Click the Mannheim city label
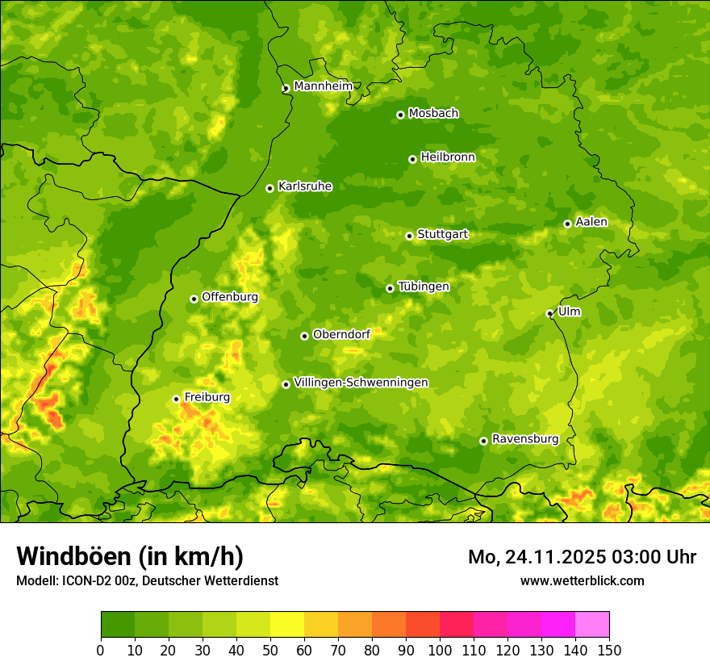(323, 86)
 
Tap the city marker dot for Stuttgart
(409, 236)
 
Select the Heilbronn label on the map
(448, 157)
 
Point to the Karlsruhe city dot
(269, 188)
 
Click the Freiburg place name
(207, 397)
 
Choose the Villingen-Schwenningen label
(361, 383)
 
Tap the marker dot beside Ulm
(549, 313)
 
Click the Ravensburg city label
(524, 439)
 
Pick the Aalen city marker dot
(567, 224)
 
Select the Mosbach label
(433, 114)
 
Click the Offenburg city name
(230, 297)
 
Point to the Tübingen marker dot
(390, 288)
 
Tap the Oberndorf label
(341, 334)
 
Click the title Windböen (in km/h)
(130, 556)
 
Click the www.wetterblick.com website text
(582, 580)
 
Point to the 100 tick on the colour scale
(440, 650)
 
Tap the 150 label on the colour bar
(609, 650)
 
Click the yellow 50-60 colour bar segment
(287, 625)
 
